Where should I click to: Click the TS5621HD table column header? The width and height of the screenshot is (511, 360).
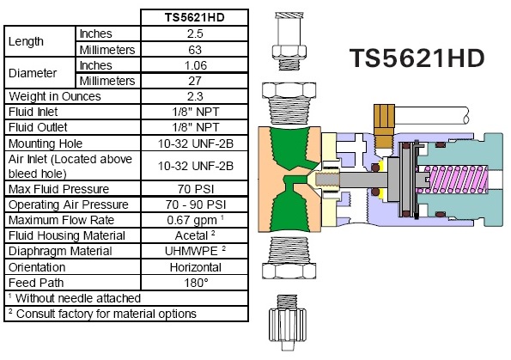[195, 17]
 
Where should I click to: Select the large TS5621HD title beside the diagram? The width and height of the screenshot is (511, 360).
[417, 58]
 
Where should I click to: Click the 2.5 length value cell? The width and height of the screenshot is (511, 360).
[195, 34]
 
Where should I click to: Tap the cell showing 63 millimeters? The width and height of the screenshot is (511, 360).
[195, 50]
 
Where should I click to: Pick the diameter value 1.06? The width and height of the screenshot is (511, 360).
[196, 65]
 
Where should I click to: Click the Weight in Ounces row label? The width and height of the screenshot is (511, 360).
[55, 96]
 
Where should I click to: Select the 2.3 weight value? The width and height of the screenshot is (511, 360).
[195, 96]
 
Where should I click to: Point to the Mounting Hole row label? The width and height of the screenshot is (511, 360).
[46, 143]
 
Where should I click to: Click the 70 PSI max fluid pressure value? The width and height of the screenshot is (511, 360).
[196, 189]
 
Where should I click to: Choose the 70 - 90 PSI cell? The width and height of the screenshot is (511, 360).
[196, 204]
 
